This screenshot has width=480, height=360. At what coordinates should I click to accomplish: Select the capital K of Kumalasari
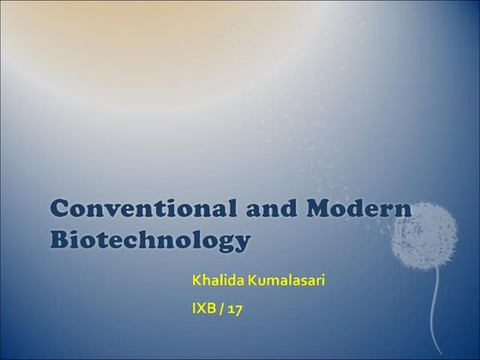[255, 281]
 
